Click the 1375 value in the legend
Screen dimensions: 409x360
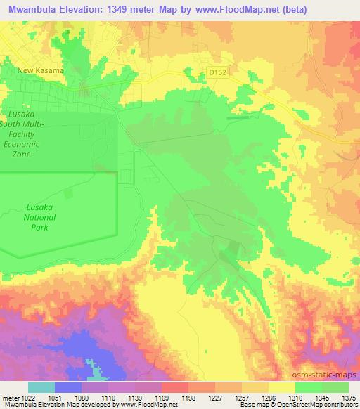(347, 397)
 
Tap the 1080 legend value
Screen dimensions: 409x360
(89, 397)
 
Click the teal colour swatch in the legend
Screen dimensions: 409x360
(41, 387)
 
